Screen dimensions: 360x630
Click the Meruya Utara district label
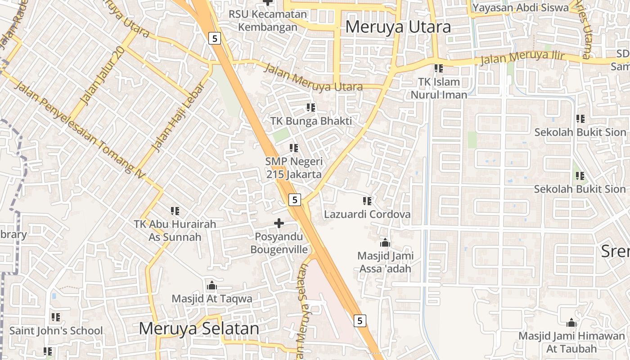coord(398,27)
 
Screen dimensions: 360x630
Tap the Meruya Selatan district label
coord(199,328)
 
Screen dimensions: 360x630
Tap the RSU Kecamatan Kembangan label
coord(268,20)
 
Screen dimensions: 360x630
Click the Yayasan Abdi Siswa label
coord(520,8)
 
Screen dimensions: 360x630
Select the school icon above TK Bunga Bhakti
coord(311,108)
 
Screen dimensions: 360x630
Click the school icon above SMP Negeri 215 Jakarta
coord(294,148)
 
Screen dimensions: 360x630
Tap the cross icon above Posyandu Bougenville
coord(279,223)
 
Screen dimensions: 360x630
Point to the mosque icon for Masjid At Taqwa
coord(211,285)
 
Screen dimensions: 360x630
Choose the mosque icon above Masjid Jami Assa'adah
coord(385,243)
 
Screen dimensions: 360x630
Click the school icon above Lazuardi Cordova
coord(367,201)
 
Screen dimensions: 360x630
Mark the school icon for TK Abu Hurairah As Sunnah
coord(175,211)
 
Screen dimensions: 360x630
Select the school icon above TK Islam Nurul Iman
coord(439,68)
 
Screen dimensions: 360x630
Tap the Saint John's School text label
coord(56,331)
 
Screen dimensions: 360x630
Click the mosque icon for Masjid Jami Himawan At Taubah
coord(571,323)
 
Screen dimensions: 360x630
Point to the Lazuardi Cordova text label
coord(367,214)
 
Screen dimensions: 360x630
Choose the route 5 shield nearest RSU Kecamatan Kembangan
coord(215,38)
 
